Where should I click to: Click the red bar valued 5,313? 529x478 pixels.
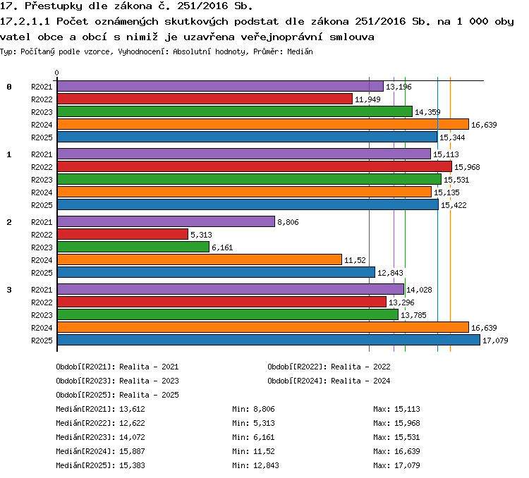coord(123,234)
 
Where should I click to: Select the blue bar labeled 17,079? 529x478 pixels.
coord(269,340)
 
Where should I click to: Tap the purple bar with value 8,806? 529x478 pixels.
coord(166,221)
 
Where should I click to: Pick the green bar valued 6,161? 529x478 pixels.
coord(133,247)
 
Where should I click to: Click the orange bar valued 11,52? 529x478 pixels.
coord(200,259)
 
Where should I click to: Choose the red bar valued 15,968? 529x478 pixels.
coord(255,166)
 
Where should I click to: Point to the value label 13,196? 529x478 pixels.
coord(399,87)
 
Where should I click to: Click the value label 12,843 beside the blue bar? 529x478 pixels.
coord(390,273)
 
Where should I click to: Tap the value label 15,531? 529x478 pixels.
coord(456,180)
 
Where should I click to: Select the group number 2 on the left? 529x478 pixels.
coord(9,222)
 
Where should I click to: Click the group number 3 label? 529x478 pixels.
coord(9,290)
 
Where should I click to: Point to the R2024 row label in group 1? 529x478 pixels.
coord(42,192)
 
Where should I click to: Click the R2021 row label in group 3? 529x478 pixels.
coord(42,290)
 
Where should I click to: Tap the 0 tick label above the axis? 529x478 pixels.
coord(56,73)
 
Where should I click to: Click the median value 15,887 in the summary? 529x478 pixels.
coord(133,451)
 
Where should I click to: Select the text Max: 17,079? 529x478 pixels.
coord(396,465)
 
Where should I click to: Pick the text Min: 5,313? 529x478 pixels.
coord(253,423)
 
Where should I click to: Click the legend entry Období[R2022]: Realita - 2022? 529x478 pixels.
coord(329,367)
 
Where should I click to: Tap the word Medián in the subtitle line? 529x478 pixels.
coord(300,51)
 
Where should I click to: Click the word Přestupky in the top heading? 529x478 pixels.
coord(54,6)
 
